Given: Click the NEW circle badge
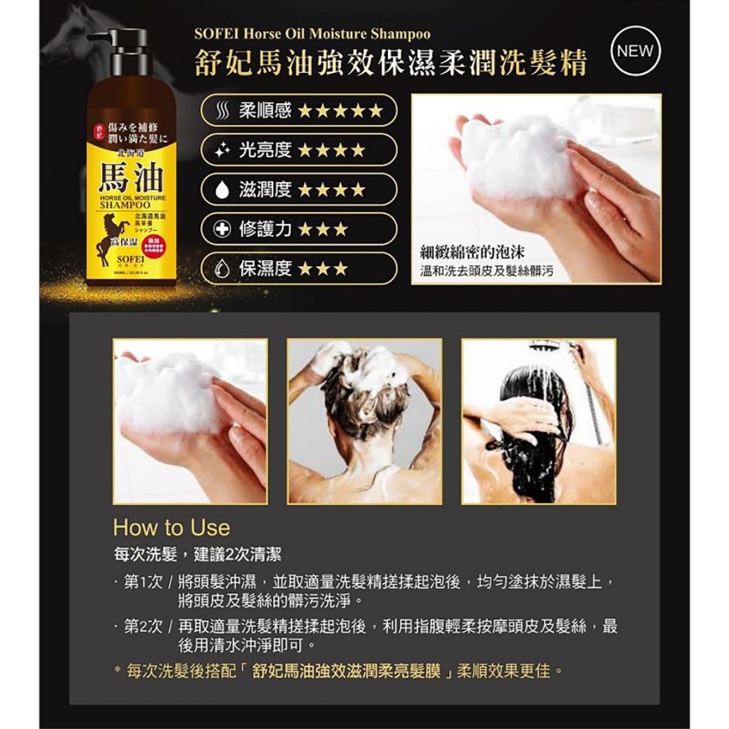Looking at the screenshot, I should point(634,52).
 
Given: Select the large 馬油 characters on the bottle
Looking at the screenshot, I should point(131,176).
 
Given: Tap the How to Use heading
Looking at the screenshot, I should point(171,527).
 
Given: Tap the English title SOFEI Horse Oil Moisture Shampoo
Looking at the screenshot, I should point(313,34).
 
